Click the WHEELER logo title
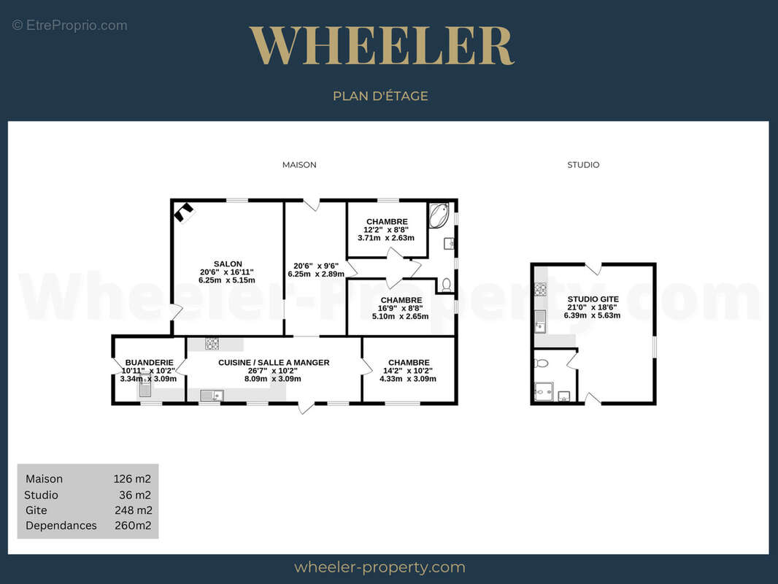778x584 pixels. click(x=381, y=46)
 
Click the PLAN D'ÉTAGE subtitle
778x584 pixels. click(x=380, y=96)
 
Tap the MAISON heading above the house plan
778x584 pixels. click(x=299, y=165)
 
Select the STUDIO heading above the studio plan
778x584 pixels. click(x=583, y=165)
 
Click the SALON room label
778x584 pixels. click(x=228, y=264)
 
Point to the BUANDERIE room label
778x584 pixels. click(x=150, y=363)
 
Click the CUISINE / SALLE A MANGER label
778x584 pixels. click(x=274, y=363)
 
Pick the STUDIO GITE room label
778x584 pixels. click(x=593, y=299)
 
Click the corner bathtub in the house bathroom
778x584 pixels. click(x=439, y=215)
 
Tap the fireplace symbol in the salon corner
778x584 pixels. click(x=184, y=212)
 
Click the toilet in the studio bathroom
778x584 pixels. click(x=541, y=363)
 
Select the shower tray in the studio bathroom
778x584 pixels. click(x=544, y=391)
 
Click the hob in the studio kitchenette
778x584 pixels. click(x=540, y=289)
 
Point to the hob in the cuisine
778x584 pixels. click(x=212, y=343)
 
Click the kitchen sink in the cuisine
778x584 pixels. click(x=212, y=396)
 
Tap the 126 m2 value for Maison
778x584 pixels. click(x=132, y=479)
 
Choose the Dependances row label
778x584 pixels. click(x=61, y=526)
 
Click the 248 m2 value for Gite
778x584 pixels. click(x=134, y=510)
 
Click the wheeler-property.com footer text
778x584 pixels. click(x=380, y=567)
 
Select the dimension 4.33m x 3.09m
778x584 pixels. click(x=408, y=379)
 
